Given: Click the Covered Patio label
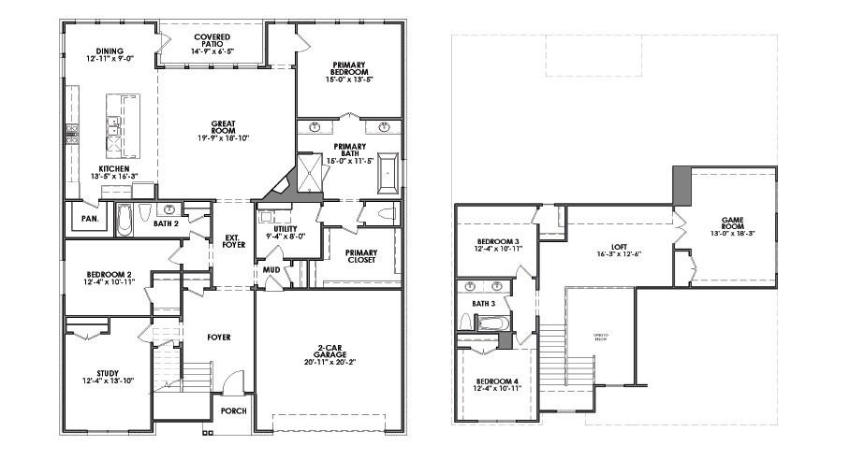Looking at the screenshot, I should [x=212, y=41].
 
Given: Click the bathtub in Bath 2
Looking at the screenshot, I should [x=124, y=219].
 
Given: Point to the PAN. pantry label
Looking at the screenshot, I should [x=91, y=218].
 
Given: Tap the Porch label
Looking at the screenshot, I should [x=233, y=411].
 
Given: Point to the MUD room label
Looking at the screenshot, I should [x=271, y=269].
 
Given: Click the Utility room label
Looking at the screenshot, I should [x=286, y=229].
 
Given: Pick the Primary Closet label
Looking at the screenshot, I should [x=361, y=257].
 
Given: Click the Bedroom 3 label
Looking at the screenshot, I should [x=497, y=241].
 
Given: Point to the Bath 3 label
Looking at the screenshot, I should [x=483, y=304].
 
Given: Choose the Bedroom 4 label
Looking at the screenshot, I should [x=497, y=381].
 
